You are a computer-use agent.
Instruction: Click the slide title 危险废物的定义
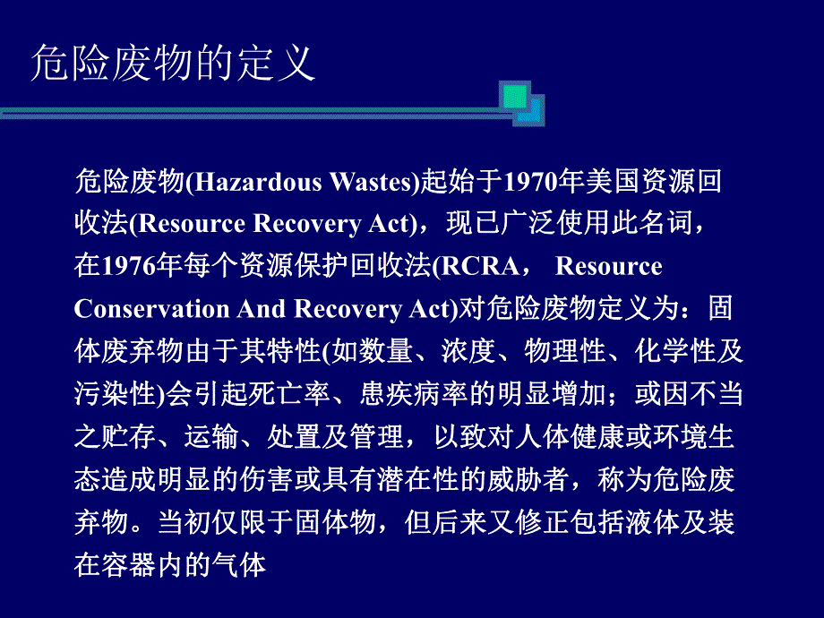pyautogui.click(x=173, y=64)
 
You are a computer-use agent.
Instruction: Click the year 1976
pyautogui.click(x=129, y=267)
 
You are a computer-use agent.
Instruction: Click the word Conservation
pyautogui.click(x=151, y=309)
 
